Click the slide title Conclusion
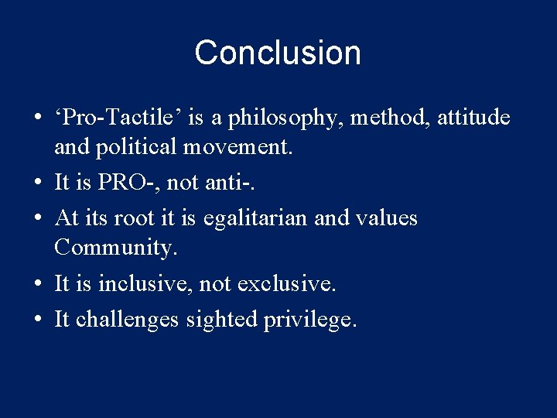click(278, 53)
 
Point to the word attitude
click(473, 118)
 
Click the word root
click(134, 218)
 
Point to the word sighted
click(221, 320)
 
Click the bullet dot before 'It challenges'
click(37, 320)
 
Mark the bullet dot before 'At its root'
click(37, 219)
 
